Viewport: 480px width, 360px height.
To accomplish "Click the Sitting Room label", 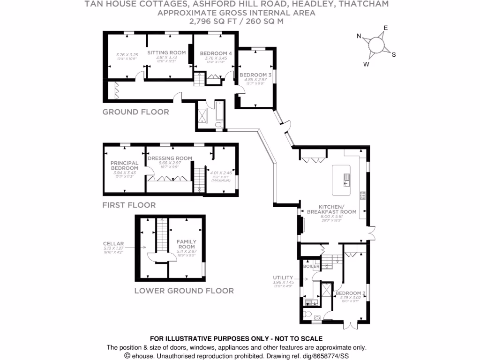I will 167,52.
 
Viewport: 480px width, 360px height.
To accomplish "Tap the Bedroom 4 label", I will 216,53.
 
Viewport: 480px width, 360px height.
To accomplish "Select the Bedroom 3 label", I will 255,75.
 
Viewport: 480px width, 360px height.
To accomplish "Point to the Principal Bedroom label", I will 124,165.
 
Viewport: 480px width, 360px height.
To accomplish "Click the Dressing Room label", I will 170,158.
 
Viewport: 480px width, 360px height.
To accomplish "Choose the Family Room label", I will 186,244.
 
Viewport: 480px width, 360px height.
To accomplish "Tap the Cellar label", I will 113,244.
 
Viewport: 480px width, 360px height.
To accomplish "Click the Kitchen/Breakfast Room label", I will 331,209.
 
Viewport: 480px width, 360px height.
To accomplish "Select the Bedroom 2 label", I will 350,294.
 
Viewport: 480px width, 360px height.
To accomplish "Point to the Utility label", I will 283,277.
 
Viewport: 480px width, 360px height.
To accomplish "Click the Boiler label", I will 312,267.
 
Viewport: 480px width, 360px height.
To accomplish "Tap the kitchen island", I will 342,180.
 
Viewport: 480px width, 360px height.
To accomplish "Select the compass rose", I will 376,45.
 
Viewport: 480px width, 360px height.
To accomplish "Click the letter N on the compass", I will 359,36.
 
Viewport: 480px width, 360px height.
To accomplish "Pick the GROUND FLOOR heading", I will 135,112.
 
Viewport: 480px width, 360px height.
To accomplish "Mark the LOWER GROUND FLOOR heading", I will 184,291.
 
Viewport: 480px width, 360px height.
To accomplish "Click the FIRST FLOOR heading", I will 129,205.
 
